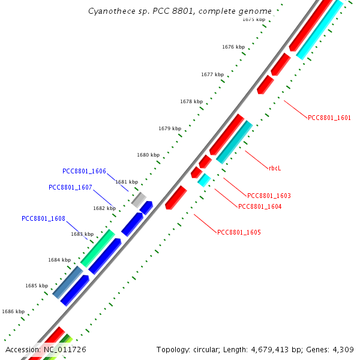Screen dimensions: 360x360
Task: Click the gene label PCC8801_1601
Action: point(329,118)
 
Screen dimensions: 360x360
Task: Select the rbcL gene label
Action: point(275,168)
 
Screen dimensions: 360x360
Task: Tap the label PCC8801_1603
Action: point(269,196)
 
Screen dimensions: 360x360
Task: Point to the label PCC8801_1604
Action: point(260,206)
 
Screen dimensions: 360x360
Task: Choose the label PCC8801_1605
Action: point(239,232)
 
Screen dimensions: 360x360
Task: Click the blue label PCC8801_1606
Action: point(84,172)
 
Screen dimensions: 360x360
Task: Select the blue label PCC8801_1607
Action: point(70,187)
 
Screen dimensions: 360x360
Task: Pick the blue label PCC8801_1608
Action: point(43,218)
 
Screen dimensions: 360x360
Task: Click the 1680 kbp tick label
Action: point(148,155)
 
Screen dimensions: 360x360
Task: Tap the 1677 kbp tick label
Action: point(212,74)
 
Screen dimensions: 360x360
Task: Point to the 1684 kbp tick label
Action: point(59,260)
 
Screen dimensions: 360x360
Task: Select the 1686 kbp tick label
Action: point(13,311)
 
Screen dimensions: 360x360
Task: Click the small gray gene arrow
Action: point(139,200)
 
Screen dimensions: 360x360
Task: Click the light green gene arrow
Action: point(97,248)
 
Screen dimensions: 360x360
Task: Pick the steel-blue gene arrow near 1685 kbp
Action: point(68,282)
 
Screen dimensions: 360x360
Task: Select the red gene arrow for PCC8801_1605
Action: point(176,197)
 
